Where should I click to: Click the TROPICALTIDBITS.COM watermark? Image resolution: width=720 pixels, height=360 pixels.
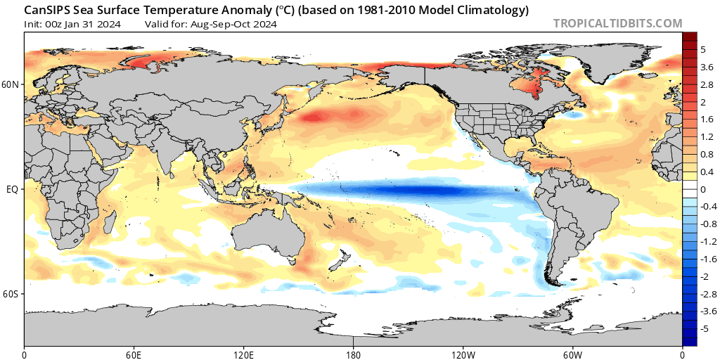[x=618, y=23]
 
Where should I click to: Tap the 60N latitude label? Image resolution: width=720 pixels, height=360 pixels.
[x=12, y=85]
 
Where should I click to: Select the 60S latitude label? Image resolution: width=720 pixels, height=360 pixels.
[x=12, y=293]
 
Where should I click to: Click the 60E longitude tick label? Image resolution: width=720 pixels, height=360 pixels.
[x=134, y=354]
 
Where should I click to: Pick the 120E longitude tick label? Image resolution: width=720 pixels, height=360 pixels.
[x=244, y=354]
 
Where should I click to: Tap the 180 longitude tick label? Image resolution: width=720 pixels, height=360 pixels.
[x=354, y=354]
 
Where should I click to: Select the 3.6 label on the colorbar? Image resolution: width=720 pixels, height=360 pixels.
[x=707, y=67]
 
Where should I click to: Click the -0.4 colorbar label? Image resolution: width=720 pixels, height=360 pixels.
[x=707, y=207]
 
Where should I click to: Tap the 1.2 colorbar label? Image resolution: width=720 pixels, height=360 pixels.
[x=707, y=136]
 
